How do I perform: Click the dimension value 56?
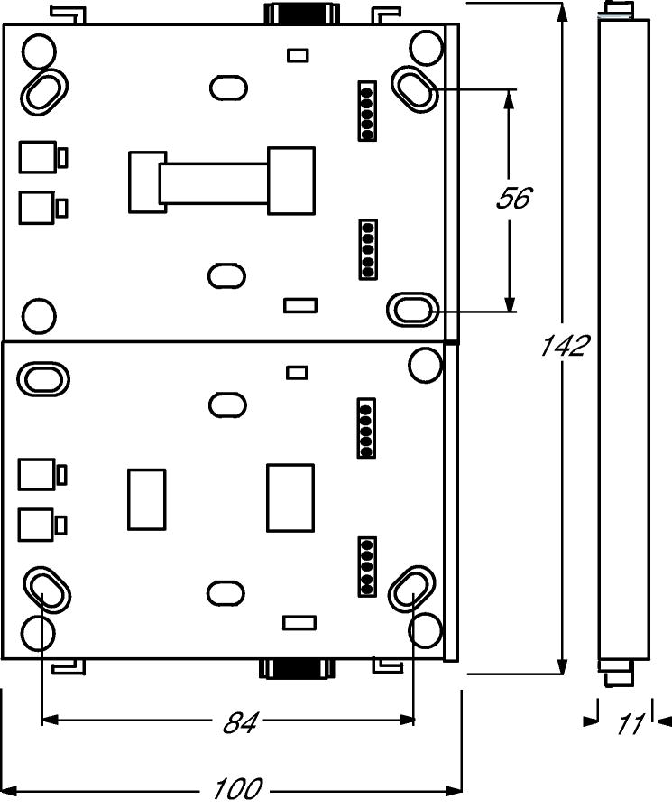coord(514,198)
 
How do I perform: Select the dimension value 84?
coord(240,723)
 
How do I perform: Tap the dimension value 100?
coord(237,789)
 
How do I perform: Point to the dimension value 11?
coord(631,724)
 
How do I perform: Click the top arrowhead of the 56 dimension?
coord(509,100)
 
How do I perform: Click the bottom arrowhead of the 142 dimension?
coord(563,664)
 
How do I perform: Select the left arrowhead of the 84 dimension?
coord(51,719)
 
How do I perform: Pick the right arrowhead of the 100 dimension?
coord(452,789)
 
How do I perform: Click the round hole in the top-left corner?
coord(39,51)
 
